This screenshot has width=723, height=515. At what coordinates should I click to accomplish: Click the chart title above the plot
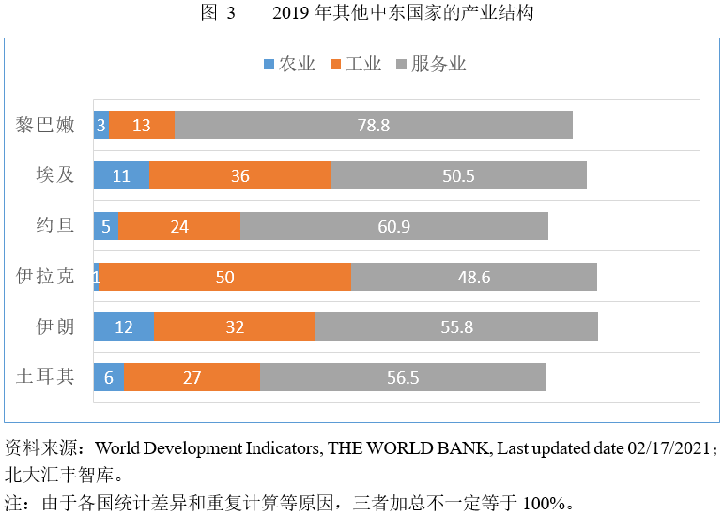(361, 13)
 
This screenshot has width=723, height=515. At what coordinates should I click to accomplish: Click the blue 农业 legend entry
(289, 64)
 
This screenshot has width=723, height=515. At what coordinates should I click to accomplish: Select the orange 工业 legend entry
(356, 64)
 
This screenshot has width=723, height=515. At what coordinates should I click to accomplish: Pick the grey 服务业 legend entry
(432, 64)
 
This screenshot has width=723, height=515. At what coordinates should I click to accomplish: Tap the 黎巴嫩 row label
(45, 125)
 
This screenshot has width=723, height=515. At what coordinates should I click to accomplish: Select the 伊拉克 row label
(45, 277)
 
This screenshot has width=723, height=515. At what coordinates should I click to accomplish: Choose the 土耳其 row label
(45, 377)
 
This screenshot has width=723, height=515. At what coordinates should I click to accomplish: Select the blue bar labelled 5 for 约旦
(105, 226)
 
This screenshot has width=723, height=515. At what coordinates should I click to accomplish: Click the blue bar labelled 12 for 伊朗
(124, 326)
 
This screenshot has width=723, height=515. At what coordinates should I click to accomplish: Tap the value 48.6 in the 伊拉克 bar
(473, 277)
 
